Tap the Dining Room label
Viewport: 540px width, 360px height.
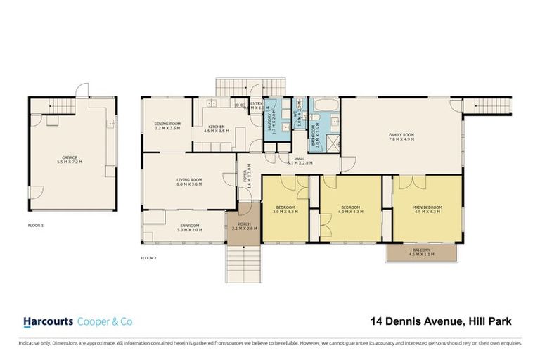(167, 127)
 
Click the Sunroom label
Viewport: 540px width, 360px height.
(190, 227)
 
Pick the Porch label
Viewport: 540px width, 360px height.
(244, 227)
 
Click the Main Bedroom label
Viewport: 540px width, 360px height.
(428, 210)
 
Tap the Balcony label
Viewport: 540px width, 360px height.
(422, 252)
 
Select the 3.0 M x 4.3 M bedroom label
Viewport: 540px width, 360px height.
(285, 210)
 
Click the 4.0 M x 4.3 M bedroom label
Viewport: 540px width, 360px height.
(351, 210)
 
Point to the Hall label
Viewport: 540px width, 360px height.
(300, 161)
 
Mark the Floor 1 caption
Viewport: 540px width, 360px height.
(37, 226)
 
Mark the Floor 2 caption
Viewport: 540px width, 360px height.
(148, 258)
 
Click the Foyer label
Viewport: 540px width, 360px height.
(246, 173)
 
